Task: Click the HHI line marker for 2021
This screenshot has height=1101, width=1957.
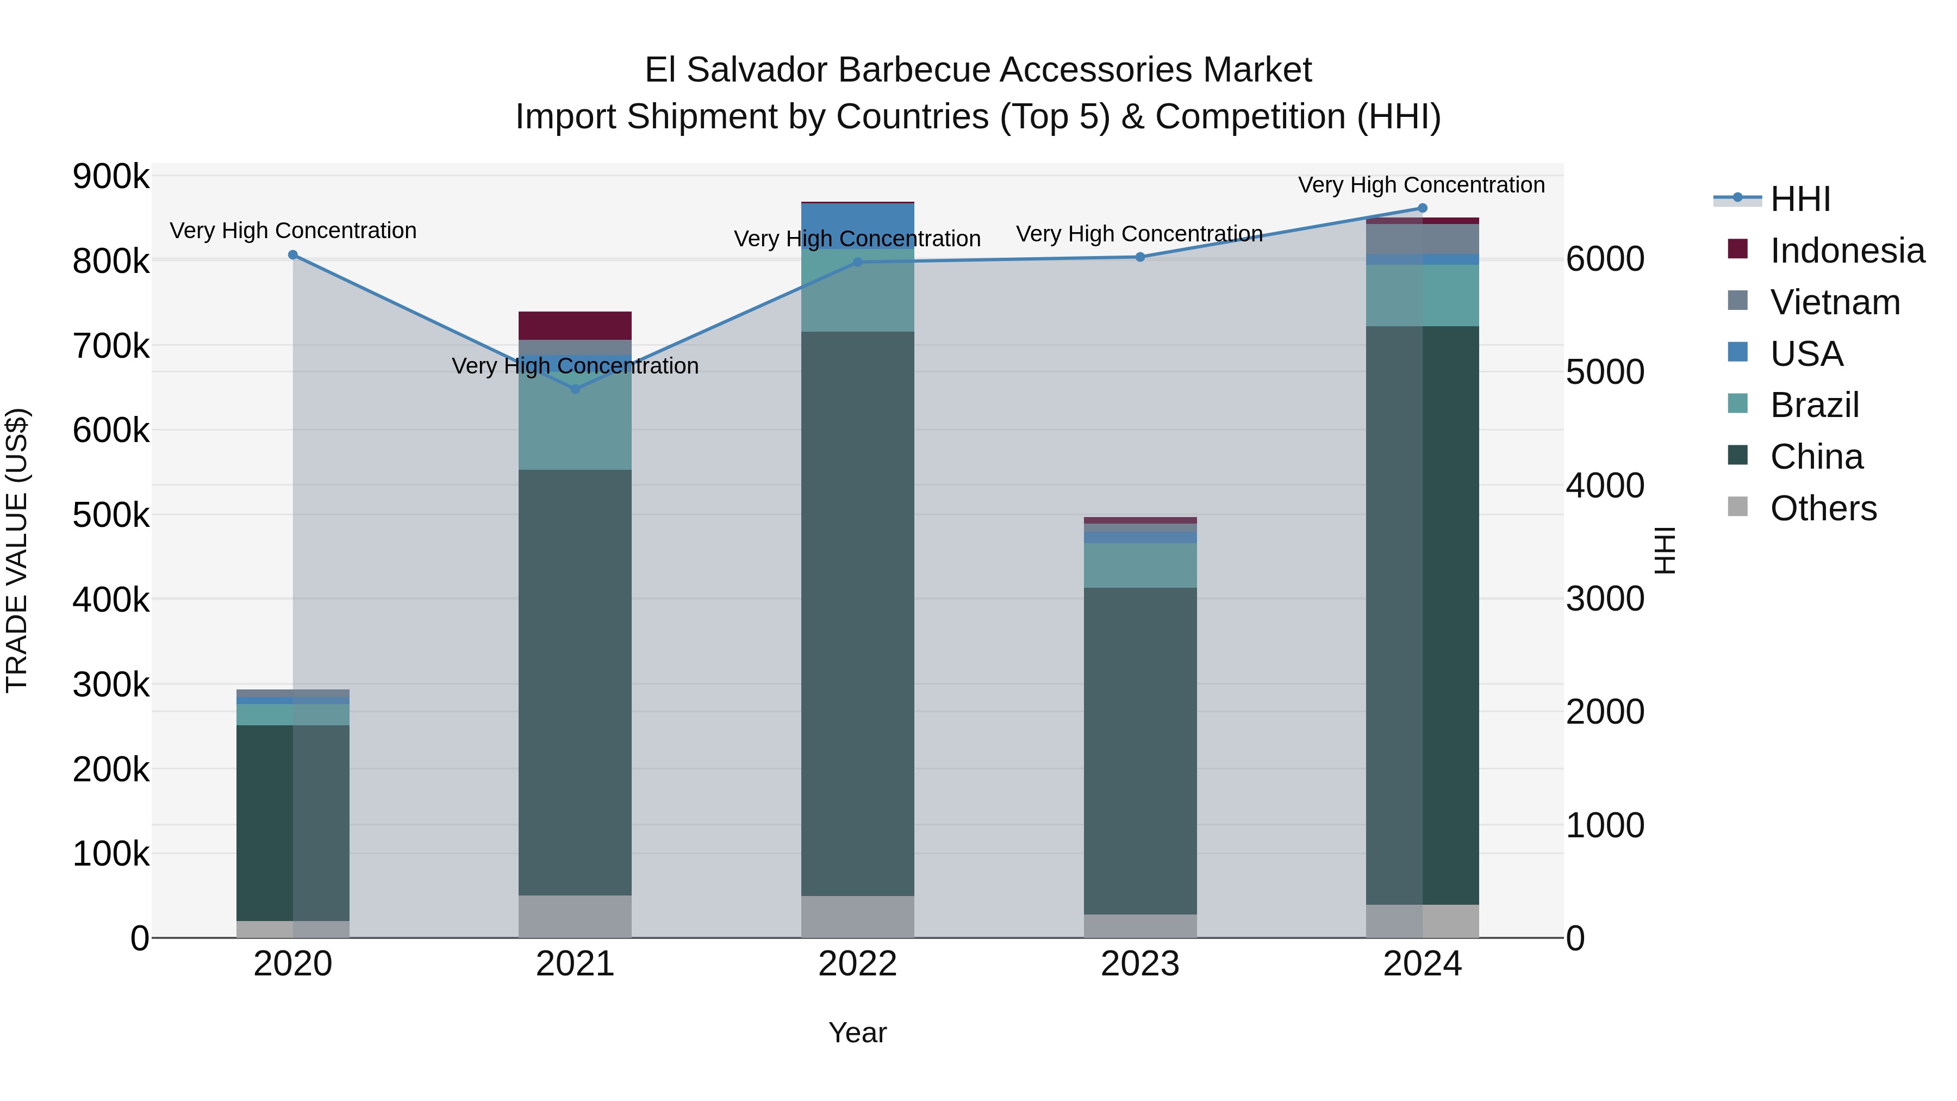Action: [x=575, y=389]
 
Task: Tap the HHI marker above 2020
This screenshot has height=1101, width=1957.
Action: [x=293, y=256]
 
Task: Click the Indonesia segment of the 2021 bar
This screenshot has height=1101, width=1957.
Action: [x=575, y=325]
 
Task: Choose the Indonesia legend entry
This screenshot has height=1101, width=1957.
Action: [x=1847, y=251]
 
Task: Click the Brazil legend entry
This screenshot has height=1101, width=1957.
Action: [x=1814, y=405]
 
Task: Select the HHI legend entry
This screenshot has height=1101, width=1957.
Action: [x=1800, y=199]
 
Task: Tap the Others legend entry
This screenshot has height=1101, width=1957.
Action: [x=1823, y=508]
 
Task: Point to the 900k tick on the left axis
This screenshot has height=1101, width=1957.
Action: [x=111, y=177]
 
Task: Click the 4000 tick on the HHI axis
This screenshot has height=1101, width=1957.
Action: [x=1605, y=486]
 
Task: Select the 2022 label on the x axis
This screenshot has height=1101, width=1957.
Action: [x=858, y=964]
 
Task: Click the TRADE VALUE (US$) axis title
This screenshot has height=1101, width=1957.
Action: [x=17, y=550]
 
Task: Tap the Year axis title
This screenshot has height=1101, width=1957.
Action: [x=858, y=1032]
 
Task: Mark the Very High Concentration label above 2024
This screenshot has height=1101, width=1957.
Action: [x=1422, y=185]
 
